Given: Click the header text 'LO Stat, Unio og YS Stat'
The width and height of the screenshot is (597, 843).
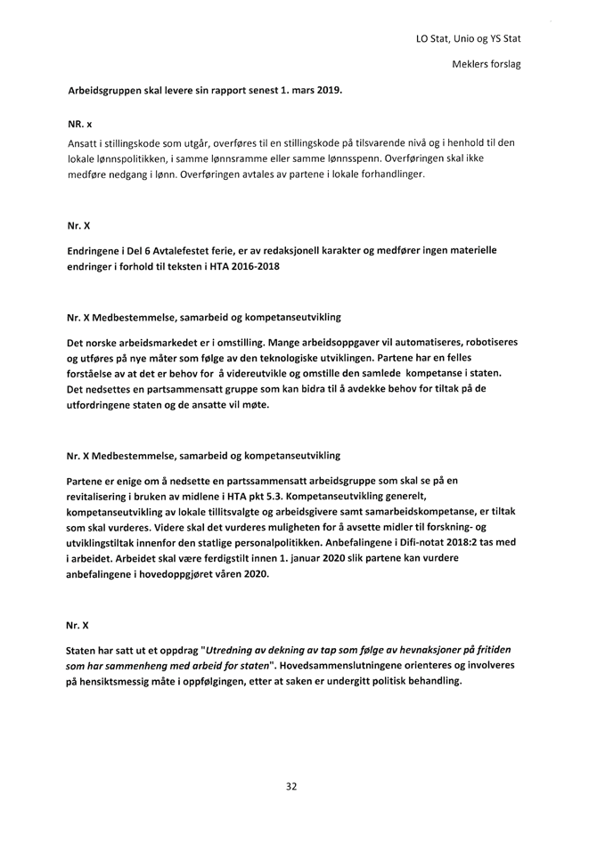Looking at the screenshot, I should pos(468,39).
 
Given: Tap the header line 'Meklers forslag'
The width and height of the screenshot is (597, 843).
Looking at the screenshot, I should pos(487,65).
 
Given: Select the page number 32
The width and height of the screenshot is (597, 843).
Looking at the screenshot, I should pos(291,786).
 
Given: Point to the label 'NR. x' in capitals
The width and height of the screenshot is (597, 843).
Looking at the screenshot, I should pos(80,123).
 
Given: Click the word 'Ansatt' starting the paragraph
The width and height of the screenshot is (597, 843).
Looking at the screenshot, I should pos(83,143).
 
